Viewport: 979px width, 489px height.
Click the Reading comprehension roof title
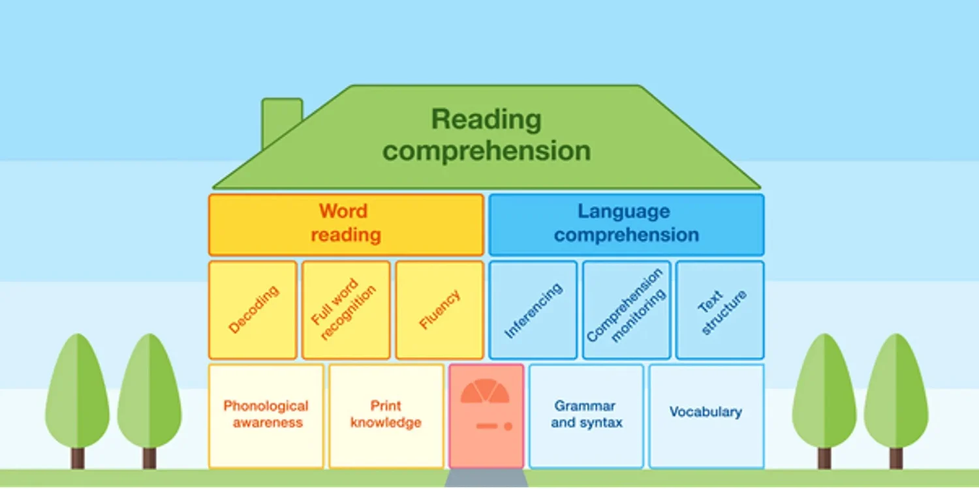486,135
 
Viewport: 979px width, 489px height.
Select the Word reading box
346,224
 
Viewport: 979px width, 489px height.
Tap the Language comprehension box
626,224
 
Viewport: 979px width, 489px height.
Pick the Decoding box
253,310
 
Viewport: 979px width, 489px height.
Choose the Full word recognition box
346,310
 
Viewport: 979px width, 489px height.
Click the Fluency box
439,310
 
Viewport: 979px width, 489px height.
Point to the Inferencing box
533,310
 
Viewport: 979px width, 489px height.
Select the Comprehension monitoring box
626,310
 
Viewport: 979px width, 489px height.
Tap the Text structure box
720,310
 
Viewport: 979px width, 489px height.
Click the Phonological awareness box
266,415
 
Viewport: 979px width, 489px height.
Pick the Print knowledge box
386,415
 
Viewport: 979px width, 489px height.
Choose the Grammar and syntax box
586,415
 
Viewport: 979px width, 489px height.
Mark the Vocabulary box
706,415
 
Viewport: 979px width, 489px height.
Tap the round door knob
508,426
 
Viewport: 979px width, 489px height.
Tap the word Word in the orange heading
343,211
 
